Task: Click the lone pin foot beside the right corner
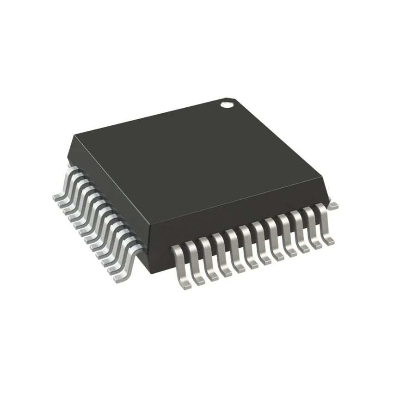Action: click(332, 203)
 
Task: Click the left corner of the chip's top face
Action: click(75, 135)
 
